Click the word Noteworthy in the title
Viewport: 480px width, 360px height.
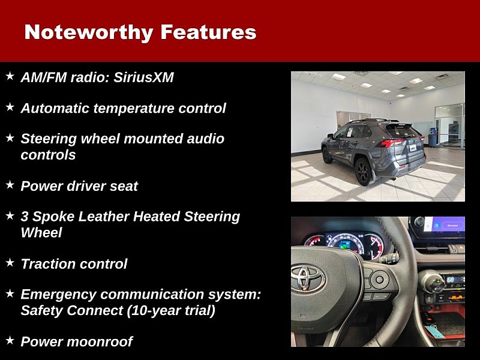coord(89,32)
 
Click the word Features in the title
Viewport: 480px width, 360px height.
coord(208,32)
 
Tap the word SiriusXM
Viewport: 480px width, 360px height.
coord(143,77)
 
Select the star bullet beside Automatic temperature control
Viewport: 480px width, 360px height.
coord(10,107)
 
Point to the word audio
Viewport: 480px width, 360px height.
coord(205,139)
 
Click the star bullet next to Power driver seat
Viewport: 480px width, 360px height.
coord(10,185)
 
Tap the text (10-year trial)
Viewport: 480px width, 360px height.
coord(171,311)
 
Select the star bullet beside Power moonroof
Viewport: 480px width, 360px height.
coord(10,340)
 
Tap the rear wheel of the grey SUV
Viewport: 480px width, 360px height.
coord(364,172)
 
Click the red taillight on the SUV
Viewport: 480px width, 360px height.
coord(393,142)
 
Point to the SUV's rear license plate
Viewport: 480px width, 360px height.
coord(413,148)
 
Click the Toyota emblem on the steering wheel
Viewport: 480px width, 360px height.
coord(308,278)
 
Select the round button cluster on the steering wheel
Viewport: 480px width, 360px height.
coord(380,279)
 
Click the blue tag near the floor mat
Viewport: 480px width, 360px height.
coord(434,331)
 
